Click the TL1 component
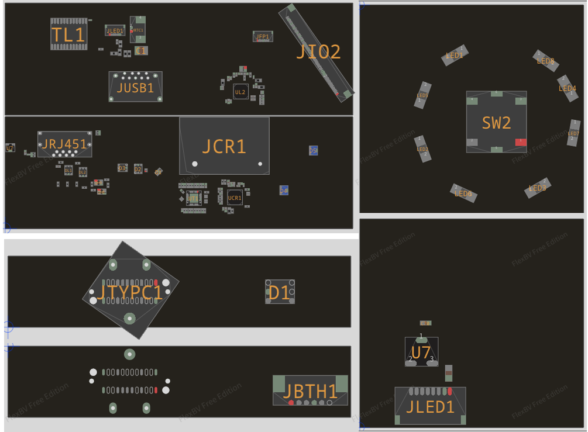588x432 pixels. (69, 34)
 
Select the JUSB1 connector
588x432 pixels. (135, 87)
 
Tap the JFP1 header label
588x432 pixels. (263, 36)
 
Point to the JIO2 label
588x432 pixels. (318, 52)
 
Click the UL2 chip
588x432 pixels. (240, 92)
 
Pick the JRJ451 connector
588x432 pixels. (64, 144)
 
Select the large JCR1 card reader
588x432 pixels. (224, 146)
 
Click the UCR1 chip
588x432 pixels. (235, 198)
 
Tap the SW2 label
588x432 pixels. (496, 122)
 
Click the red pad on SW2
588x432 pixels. (520, 142)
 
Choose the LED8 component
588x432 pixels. (546, 60)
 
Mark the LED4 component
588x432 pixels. (567, 88)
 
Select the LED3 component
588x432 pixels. (537, 188)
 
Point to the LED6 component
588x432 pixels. (463, 193)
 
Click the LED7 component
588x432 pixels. (573, 133)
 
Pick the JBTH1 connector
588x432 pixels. (310, 390)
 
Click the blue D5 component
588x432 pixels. (313, 150)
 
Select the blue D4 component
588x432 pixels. (284, 191)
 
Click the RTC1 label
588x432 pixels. (138, 30)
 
